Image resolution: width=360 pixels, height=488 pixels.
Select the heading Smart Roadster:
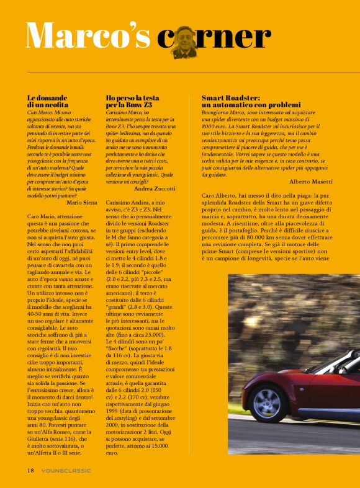tap(230, 98)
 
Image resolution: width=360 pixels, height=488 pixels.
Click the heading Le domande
tap(47, 98)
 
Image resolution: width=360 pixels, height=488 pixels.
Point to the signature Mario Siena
tap(81, 202)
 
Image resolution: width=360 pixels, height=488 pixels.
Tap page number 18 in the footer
tap(30, 470)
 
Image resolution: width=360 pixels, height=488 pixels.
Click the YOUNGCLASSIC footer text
tap(66, 470)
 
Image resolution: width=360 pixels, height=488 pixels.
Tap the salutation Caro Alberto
tap(222, 196)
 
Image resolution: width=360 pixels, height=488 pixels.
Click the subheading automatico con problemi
tap(250, 105)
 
